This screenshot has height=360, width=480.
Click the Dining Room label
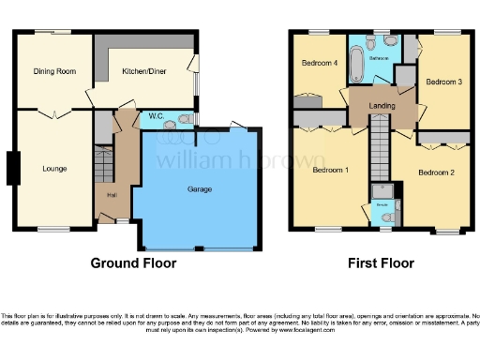pos(53,70)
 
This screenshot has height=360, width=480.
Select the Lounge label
pos(53,170)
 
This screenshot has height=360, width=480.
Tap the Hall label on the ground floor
pos(112,195)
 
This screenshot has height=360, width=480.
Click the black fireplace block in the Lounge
pos(11,169)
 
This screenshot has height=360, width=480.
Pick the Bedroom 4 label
pos(319,64)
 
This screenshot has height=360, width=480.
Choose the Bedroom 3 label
pos(444,82)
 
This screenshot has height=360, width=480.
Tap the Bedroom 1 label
pos(331,171)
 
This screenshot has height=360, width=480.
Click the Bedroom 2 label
pos(436,172)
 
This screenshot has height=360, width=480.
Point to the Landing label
pos(382,106)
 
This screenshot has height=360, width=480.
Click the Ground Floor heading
pos(133,263)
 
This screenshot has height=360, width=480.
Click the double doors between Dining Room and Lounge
pos(53,114)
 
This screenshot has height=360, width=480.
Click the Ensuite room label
pos(382,202)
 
